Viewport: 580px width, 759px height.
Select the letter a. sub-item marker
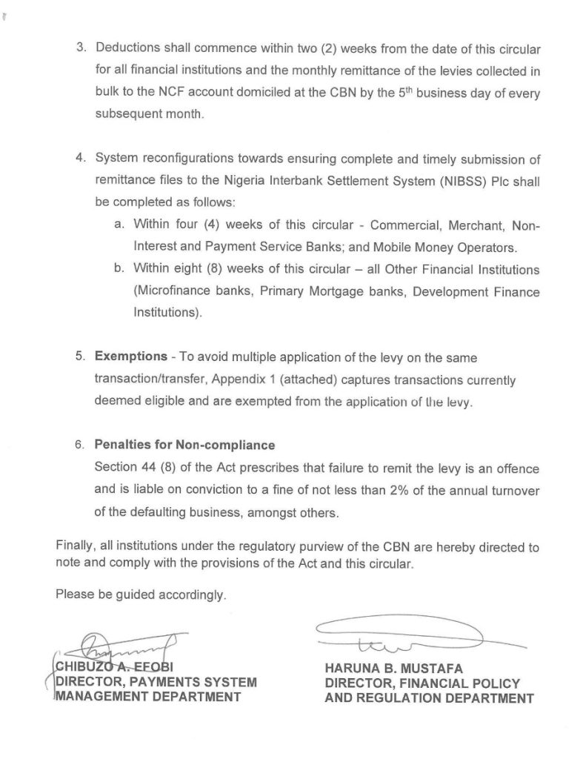point(119,225)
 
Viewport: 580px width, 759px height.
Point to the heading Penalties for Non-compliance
point(184,445)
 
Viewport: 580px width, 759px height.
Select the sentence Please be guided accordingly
point(141,595)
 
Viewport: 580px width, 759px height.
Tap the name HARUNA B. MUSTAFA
point(398,667)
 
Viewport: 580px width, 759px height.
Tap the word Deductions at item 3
point(130,49)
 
